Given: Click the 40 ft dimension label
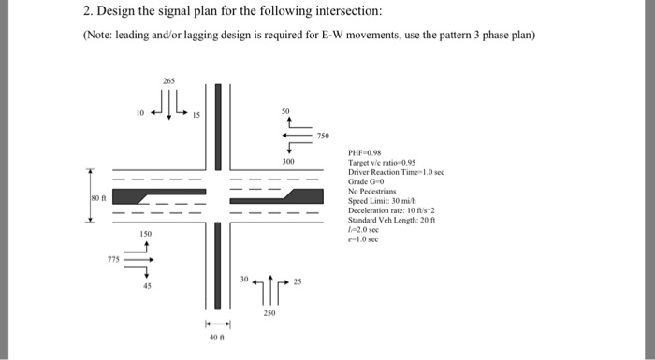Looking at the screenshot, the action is tap(217, 338).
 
